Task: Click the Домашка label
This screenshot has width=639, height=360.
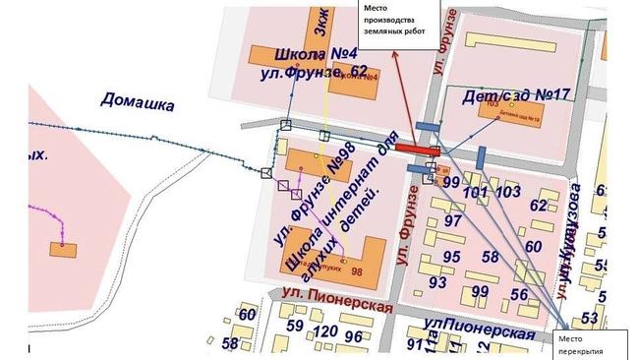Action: pos(137,103)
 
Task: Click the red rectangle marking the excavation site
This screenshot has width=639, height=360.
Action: pos(418,149)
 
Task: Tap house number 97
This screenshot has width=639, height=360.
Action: pos(453,221)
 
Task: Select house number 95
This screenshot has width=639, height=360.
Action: pos(452,256)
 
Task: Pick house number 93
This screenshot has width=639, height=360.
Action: pos(438,282)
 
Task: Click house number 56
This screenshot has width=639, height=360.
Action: pos(519,294)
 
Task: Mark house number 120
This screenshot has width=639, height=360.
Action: pos(323,331)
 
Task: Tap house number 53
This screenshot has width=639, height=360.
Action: pos(590,317)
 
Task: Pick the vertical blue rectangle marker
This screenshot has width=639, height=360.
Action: pos(481,157)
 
